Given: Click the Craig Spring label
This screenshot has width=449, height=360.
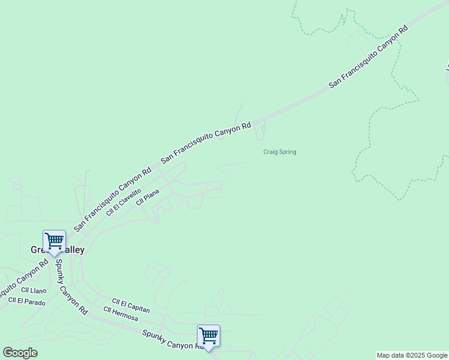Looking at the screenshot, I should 280,152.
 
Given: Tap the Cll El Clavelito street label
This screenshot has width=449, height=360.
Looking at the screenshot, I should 123,201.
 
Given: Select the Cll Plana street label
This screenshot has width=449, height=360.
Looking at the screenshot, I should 148,197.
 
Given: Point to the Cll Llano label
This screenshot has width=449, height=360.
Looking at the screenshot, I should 34,290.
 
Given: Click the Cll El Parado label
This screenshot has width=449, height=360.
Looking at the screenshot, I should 26,301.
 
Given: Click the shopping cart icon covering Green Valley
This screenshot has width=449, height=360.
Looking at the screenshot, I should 54,241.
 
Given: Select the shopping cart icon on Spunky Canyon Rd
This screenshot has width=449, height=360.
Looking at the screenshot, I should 208,335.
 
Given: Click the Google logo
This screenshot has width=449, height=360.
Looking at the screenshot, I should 20,353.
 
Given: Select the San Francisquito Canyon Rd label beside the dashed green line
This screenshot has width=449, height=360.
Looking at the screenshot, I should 368,58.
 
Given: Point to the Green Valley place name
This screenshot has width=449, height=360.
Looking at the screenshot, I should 58,250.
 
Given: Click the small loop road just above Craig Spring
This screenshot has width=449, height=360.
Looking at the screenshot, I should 260,130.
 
